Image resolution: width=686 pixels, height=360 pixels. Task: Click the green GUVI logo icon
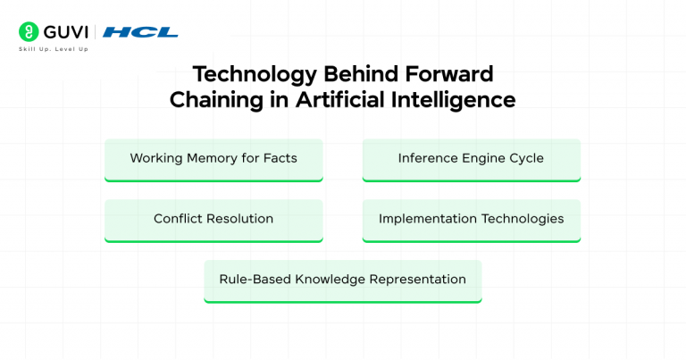(28, 32)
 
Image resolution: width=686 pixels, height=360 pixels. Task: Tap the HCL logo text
(140, 32)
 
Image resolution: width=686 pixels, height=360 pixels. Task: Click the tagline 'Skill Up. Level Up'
(53, 49)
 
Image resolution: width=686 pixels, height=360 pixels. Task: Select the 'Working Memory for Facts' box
(213, 159)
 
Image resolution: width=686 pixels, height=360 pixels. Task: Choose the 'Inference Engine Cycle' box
(471, 159)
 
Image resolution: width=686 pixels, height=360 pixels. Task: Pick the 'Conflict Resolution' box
(213, 219)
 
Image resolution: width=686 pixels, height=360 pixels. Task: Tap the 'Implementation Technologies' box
(471, 219)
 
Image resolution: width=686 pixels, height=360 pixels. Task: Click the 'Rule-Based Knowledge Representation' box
(342, 280)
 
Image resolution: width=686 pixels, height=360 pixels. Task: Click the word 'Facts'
(279, 159)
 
